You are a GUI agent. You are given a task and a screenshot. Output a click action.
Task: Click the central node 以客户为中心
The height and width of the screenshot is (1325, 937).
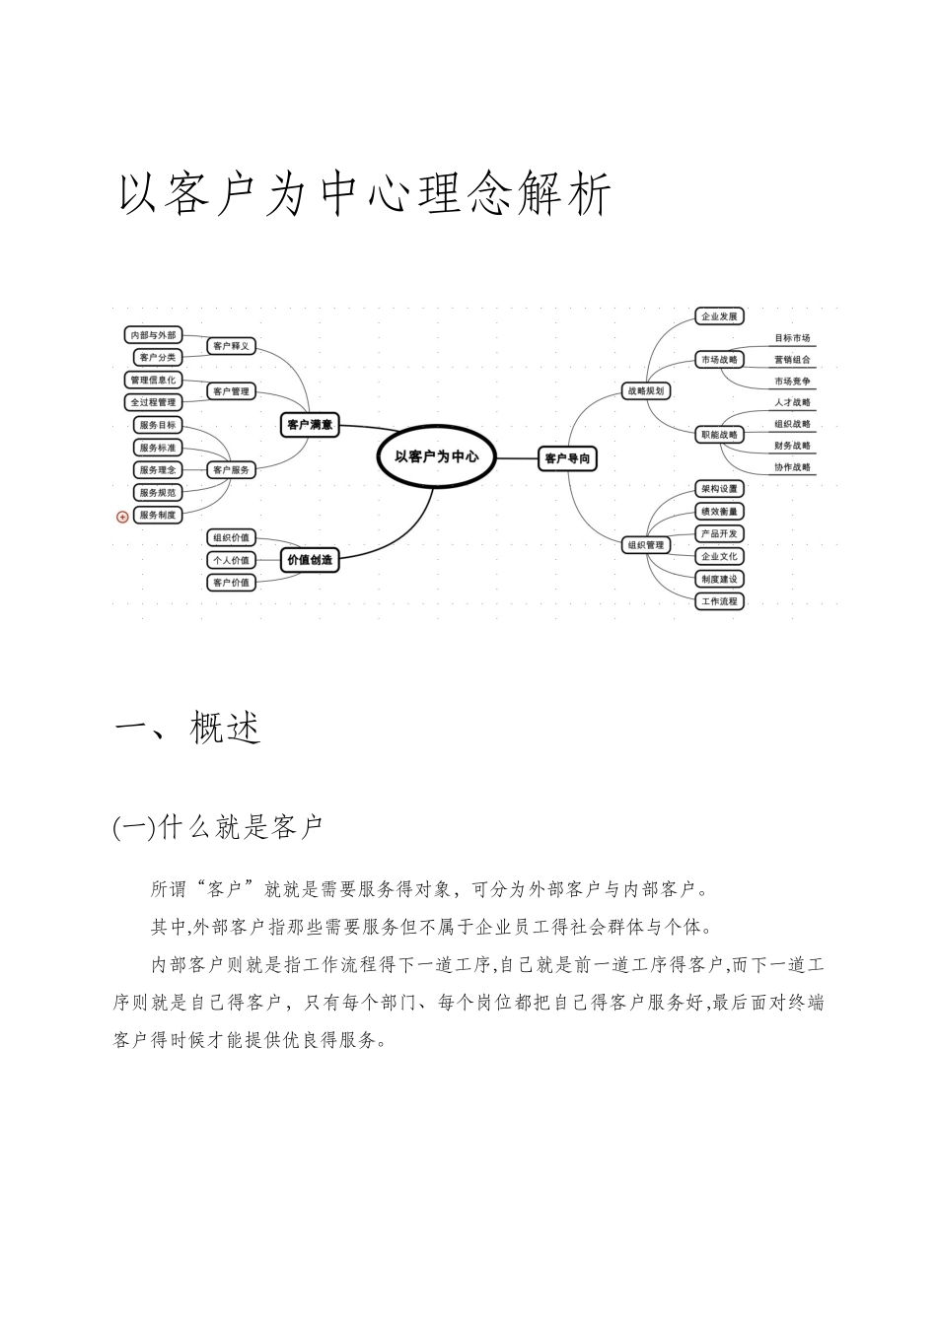click(436, 456)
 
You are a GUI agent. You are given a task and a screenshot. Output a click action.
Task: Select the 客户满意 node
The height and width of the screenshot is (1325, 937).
click(309, 425)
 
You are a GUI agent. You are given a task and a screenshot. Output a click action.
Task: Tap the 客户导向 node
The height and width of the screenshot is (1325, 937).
click(568, 458)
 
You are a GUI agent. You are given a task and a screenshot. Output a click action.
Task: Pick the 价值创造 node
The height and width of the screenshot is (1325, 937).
click(309, 560)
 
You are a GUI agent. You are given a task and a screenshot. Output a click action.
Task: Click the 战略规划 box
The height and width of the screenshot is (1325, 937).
click(646, 390)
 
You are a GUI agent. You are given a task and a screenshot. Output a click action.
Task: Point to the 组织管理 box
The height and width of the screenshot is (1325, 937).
click(646, 544)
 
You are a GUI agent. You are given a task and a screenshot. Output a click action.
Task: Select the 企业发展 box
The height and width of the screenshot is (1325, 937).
click(718, 316)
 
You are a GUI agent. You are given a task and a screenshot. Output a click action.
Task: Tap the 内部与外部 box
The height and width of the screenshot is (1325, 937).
click(154, 335)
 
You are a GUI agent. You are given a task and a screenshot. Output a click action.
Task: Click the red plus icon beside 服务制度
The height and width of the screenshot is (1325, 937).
click(122, 516)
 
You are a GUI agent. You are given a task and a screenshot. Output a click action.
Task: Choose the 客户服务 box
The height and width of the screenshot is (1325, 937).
click(232, 469)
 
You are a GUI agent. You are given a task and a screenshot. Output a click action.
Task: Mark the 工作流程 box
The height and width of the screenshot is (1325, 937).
click(718, 600)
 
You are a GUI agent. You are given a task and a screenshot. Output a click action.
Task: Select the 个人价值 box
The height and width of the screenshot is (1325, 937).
click(232, 560)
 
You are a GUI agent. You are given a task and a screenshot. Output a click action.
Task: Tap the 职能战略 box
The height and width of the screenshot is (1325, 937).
click(718, 435)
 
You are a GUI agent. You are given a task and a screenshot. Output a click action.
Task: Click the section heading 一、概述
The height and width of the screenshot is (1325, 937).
click(188, 729)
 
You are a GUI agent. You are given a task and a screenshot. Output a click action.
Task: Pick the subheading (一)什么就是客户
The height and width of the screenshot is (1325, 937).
click(219, 827)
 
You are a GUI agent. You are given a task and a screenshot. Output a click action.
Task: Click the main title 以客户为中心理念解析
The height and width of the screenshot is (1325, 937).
click(366, 194)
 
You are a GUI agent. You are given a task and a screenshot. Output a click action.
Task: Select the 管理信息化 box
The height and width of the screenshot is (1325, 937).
click(154, 380)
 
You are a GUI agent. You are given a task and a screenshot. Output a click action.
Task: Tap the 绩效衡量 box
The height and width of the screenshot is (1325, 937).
click(718, 511)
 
